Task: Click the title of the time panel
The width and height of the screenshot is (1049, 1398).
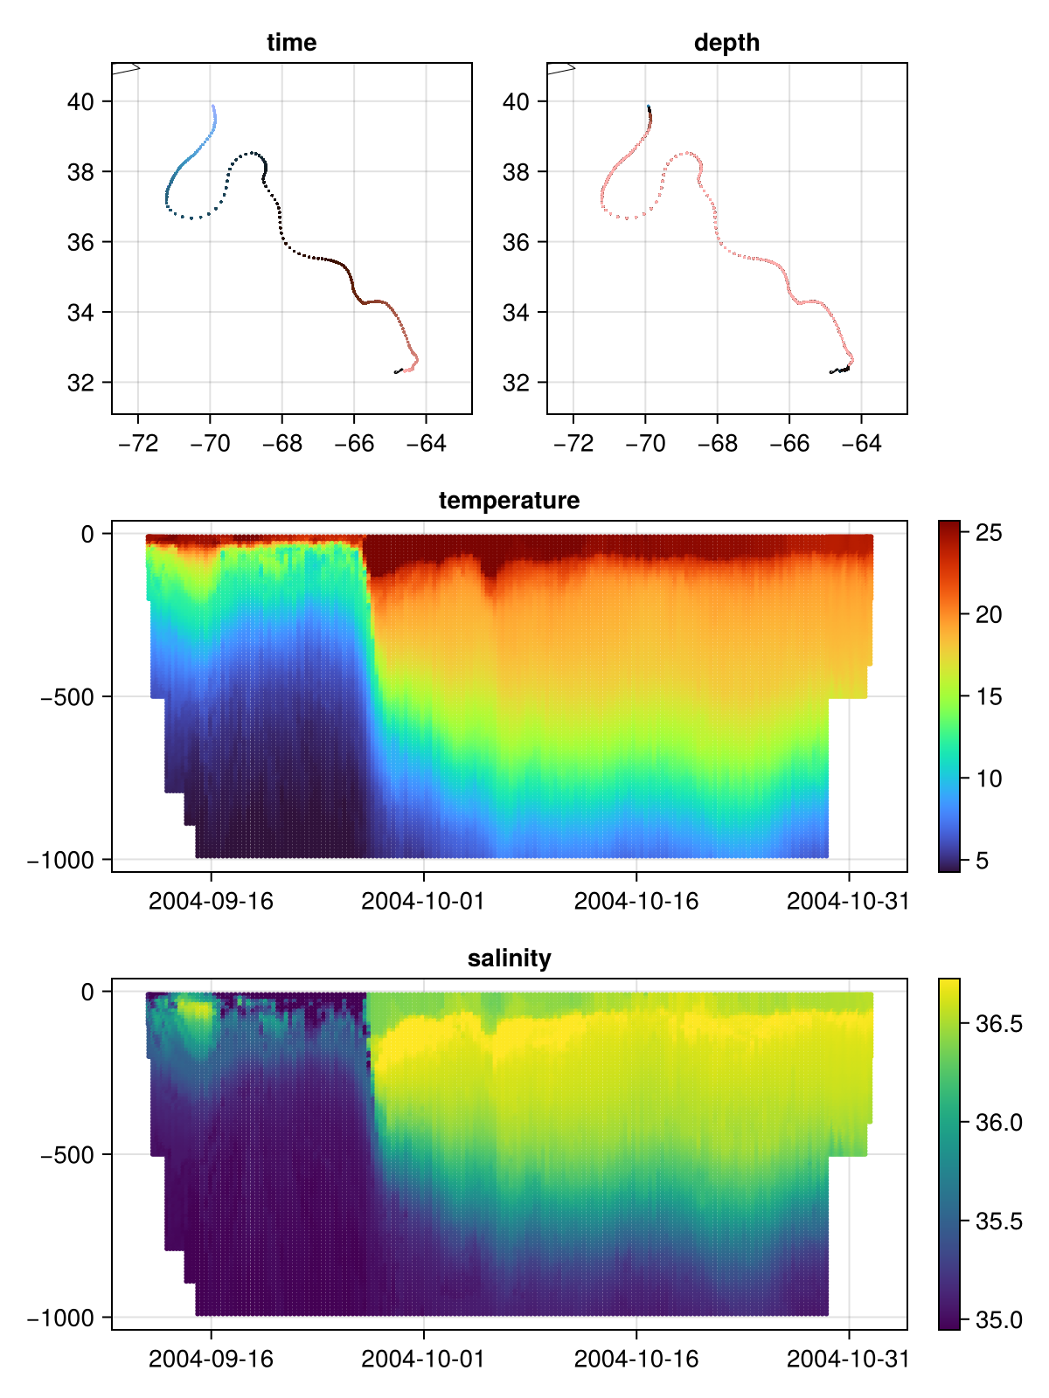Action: point(291,43)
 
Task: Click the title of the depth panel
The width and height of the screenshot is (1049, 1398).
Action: point(726,43)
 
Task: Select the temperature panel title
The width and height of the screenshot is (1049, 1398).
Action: point(509,501)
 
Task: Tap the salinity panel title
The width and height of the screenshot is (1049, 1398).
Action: point(509,959)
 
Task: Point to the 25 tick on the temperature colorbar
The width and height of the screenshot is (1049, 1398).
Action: point(989,532)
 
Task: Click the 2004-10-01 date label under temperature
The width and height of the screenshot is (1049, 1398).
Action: point(422,901)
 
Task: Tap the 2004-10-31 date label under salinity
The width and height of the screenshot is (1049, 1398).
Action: point(848,1359)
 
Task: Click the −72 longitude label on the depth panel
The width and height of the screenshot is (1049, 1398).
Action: point(573,444)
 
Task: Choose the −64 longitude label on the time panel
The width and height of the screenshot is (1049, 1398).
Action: point(426,444)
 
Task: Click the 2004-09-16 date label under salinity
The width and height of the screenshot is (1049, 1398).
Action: point(211,1359)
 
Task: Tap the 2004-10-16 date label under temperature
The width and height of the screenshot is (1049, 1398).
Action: point(636,901)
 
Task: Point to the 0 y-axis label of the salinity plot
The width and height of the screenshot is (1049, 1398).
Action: point(87,992)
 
